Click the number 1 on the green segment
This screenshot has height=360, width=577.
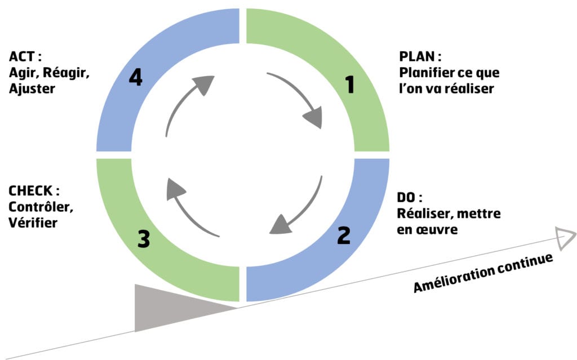tap(350, 85)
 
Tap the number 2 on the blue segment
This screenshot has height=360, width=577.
tap(343, 235)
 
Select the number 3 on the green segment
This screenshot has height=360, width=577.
tap(144, 239)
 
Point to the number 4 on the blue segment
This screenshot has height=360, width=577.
tap(135, 78)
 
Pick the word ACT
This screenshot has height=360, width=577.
tap(21, 56)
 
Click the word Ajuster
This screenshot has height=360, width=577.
tap(32, 88)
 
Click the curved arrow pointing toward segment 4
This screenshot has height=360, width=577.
tap(186, 104)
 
